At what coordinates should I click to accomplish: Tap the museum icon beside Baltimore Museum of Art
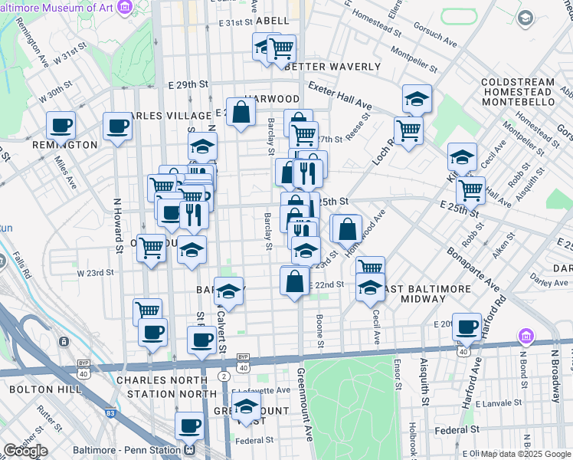pos(126,6)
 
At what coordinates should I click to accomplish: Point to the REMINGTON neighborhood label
pos(64,145)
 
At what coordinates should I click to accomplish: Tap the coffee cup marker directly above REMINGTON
pos(61,125)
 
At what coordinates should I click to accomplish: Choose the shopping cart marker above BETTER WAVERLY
pos(281,49)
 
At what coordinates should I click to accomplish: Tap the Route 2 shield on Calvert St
pos(223,376)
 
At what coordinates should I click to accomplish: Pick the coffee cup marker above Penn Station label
pos(189,426)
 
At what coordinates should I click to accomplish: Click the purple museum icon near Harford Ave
pos(525,337)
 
